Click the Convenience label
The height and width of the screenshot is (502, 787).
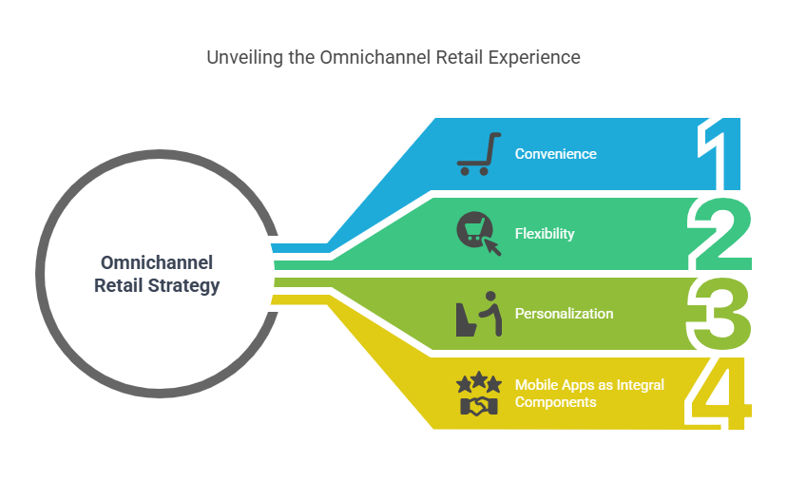click(x=556, y=154)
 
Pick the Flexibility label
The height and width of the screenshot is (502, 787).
click(x=545, y=233)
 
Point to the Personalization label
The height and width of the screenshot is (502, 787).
click(x=564, y=313)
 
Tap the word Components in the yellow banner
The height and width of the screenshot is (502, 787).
click(x=556, y=401)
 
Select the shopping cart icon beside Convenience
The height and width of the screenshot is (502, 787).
click(x=478, y=155)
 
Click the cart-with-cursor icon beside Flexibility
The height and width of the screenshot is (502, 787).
click(x=477, y=233)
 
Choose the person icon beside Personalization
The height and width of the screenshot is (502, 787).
click(x=477, y=314)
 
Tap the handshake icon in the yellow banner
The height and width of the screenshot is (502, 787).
click(x=478, y=406)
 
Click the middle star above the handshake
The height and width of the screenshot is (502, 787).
click(x=479, y=381)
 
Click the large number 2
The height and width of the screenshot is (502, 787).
click(x=720, y=234)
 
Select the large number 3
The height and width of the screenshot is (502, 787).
click(x=720, y=314)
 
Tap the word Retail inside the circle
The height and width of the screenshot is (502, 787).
click(x=121, y=285)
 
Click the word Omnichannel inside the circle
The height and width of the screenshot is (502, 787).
click(x=157, y=263)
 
